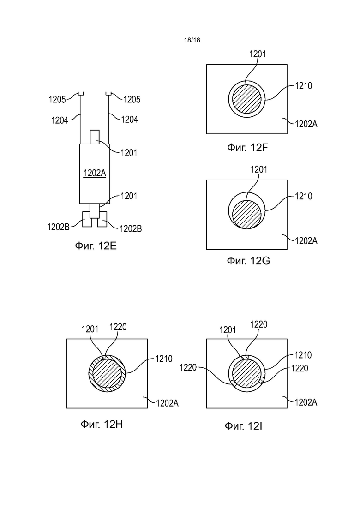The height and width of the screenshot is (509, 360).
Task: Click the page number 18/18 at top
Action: pyautogui.click(x=192, y=40)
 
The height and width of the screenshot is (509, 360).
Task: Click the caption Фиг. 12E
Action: pyautogui.click(x=96, y=246)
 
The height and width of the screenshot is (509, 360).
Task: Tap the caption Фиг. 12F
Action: pyautogui.click(x=248, y=148)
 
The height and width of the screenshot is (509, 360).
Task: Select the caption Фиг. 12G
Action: pyautogui.click(x=248, y=261)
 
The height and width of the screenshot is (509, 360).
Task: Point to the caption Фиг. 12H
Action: pyautogui.click(x=102, y=424)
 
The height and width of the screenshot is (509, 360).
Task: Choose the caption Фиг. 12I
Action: pyautogui.click(x=244, y=425)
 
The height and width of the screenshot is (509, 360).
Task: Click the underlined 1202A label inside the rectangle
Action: pyautogui.click(x=95, y=174)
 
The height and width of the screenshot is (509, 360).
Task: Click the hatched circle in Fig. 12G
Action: pyautogui.click(x=247, y=214)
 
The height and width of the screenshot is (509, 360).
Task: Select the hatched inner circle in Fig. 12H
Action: pyautogui.click(x=107, y=373)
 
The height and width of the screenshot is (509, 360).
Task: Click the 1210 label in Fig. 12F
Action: pyautogui.click(x=304, y=86)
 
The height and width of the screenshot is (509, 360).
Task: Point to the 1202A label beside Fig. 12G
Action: pyautogui.click(x=306, y=240)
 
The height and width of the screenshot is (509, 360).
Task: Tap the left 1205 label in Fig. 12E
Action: pyautogui.click(x=57, y=99)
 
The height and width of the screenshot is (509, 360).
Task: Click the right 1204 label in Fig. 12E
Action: pyautogui.click(x=130, y=120)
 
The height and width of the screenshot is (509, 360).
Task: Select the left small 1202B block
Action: pyautogui.click(x=86, y=220)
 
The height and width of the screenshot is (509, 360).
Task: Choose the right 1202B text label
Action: pyautogui.click(x=131, y=228)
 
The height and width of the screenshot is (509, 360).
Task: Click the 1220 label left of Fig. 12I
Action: pyautogui.click(x=188, y=367)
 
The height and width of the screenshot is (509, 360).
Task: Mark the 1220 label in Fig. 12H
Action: pyautogui.click(x=118, y=327)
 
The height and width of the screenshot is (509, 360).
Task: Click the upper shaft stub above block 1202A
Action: pyautogui.click(x=95, y=137)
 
